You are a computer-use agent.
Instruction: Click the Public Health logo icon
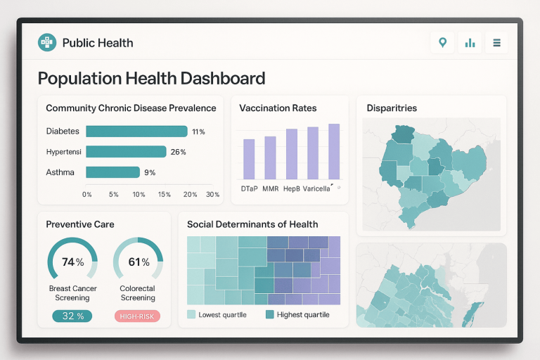pos(47,43)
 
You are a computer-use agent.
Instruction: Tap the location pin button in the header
pos(442,43)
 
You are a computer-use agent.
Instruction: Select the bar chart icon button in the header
pos(470,43)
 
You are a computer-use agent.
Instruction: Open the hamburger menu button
pos(496,43)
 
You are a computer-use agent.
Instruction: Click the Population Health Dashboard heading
pos(151,78)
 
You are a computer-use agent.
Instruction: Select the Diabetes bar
pos(136,131)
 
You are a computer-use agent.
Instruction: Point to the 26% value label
pos(178,152)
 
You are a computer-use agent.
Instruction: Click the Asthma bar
pos(112,172)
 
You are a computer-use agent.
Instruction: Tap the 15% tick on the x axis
pos(164,194)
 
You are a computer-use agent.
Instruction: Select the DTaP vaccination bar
pos(249,159)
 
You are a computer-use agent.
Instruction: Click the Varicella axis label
pos(316,188)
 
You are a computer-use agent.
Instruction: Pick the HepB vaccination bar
pos(292,154)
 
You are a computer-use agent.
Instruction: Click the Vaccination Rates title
pos(278,108)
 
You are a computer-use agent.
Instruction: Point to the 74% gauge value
pos(72,262)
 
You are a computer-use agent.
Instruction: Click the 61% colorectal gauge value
pos(139,262)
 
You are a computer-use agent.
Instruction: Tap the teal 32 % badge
pos(72,316)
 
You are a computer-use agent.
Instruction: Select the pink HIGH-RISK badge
pos(137,316)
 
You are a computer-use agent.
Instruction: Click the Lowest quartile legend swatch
pos(191,314)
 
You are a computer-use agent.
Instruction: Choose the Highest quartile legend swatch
pos(269,314)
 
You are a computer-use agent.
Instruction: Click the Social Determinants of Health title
pos(252,224)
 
